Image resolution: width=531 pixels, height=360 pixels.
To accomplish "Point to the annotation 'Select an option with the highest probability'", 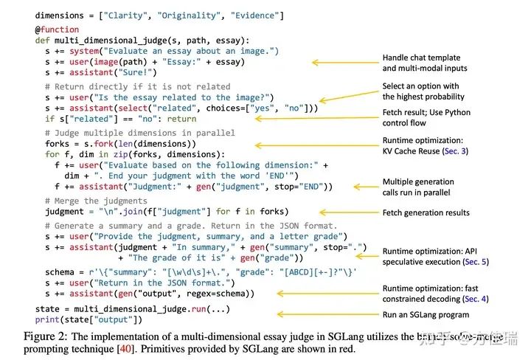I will pyautogui.click(x=424, y=91).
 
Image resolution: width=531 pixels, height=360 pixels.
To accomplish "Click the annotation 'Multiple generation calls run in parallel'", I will pyautogui.click(x=418, y=187).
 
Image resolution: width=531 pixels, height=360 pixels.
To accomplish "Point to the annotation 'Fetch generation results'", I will pyautogui.click(x=426, y=213).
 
